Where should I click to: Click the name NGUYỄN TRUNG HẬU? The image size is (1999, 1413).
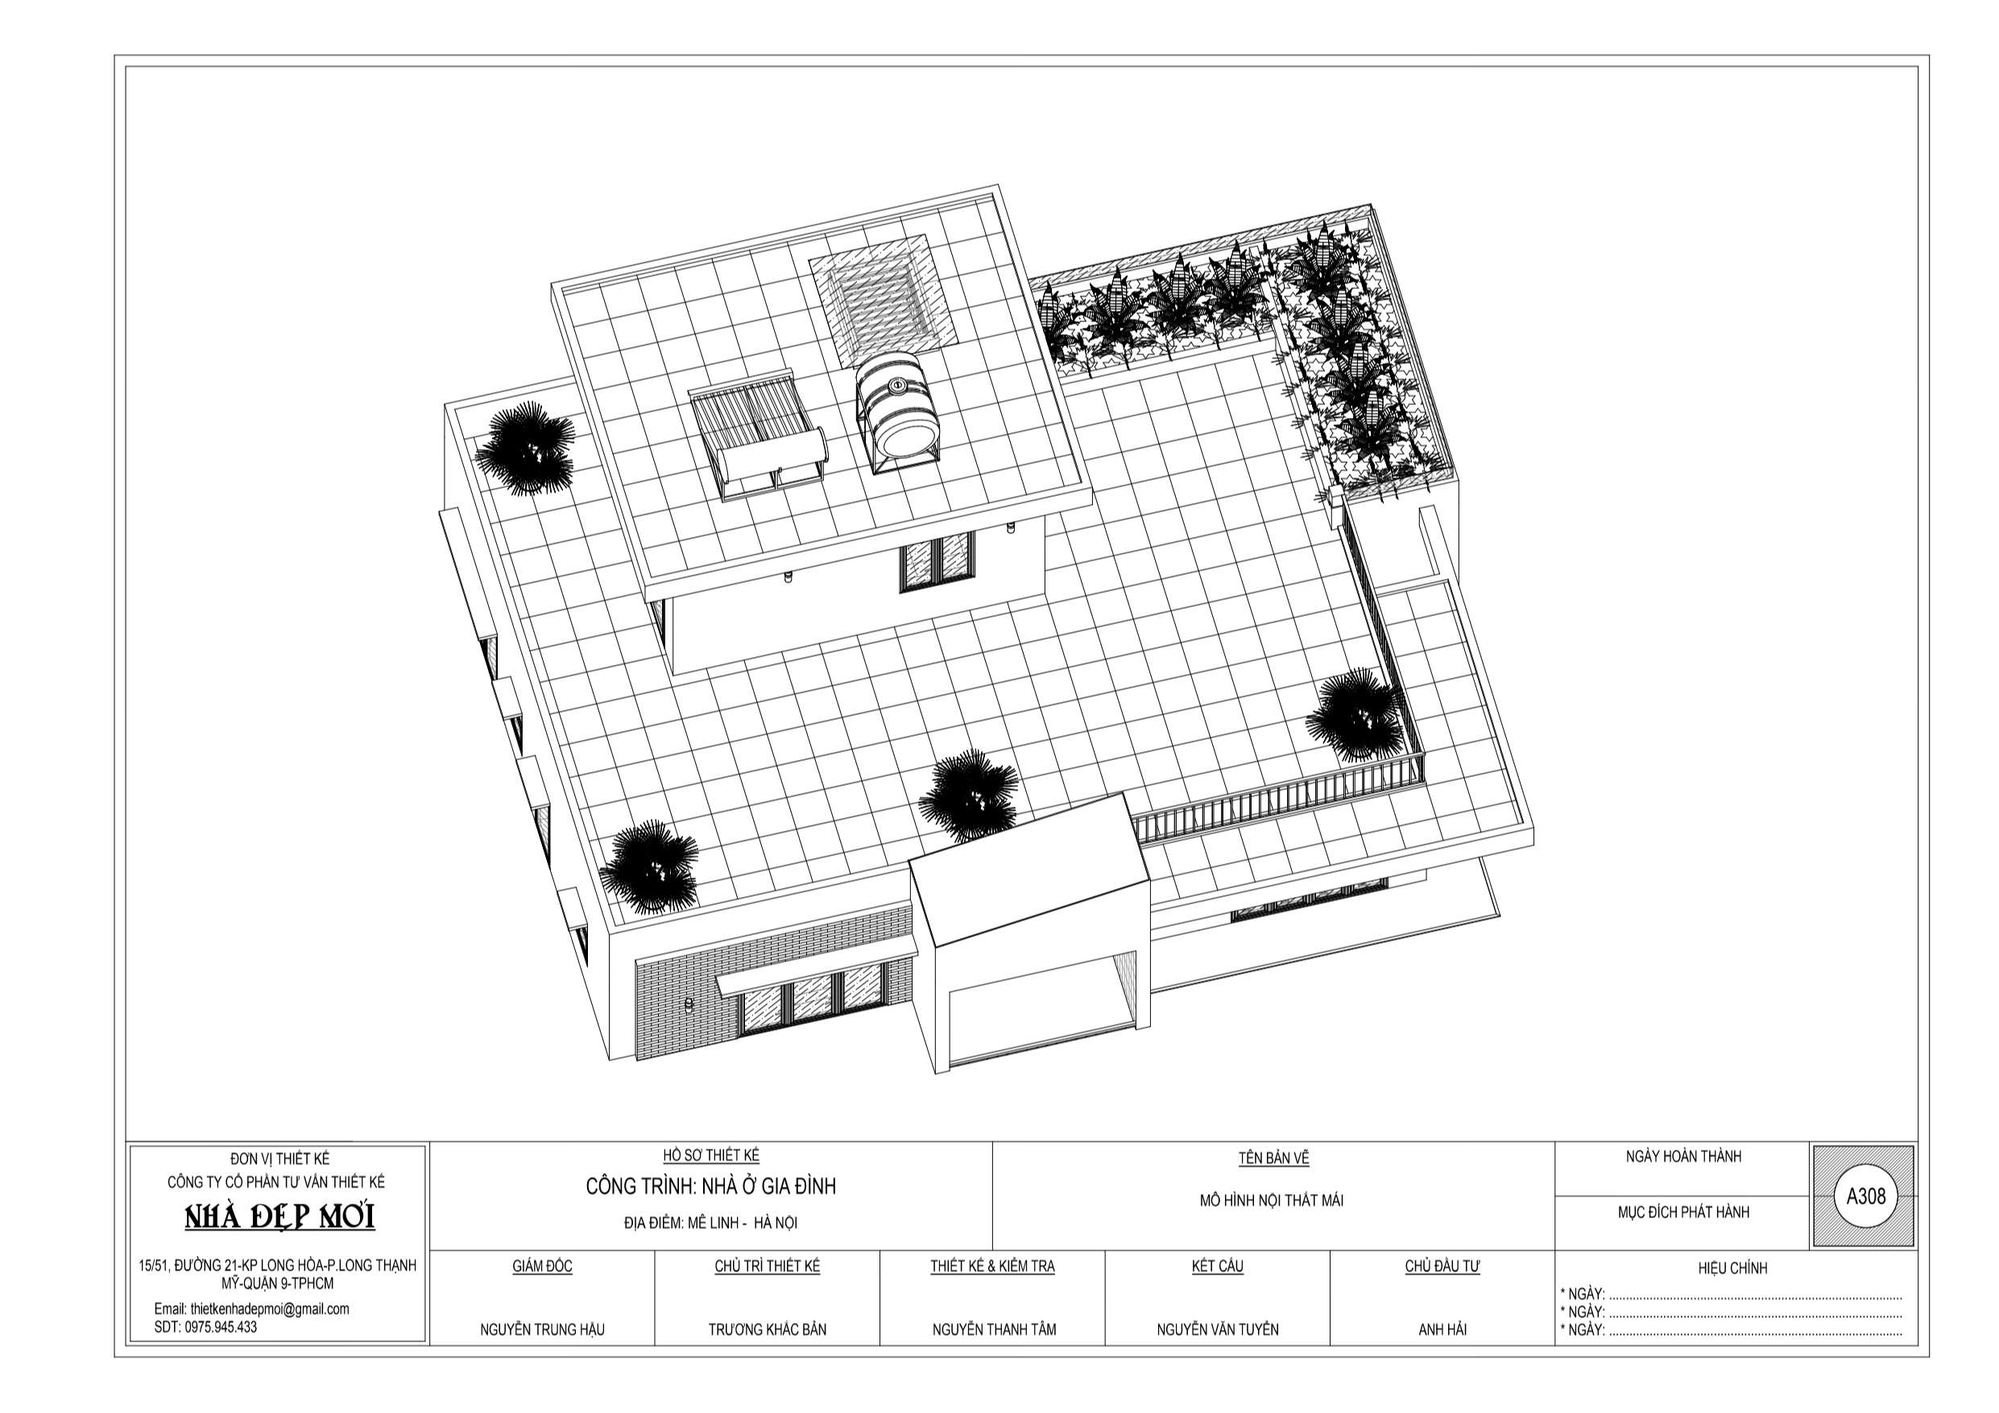[542, 1329]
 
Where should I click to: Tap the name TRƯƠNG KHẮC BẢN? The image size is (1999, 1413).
[767, 1329]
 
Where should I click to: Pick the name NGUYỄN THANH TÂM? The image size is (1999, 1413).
[993, 1329]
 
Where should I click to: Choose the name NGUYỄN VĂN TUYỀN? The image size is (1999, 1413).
[1217, 1329]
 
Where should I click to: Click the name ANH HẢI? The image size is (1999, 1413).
[1442, 1329]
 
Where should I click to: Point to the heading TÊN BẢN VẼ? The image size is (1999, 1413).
[1274, 1158]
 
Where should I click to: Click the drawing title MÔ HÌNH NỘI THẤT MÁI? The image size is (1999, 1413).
[1271, 1200]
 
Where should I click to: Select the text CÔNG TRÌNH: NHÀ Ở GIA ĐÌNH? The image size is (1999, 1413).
[710, 1186]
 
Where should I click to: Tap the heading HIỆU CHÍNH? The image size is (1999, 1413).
[1732, 1268]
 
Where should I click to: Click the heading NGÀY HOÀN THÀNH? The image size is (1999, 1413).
[1684, 1156]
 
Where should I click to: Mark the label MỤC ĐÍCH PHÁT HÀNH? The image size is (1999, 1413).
[1683, 1212]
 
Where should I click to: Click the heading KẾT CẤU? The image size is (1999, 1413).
[1217, 1266]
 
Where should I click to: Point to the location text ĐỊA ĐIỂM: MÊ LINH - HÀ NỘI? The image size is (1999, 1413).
[710, 1223]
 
